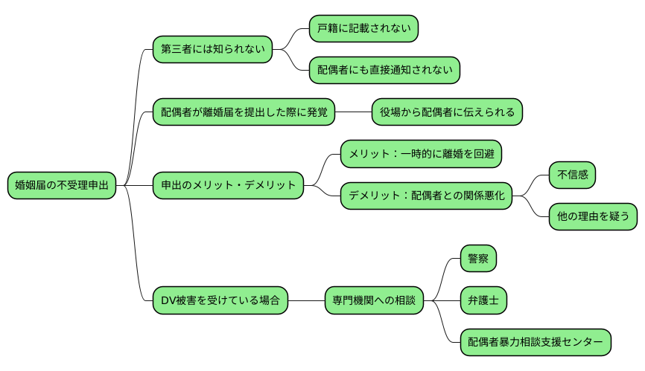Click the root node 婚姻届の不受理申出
point(62,185)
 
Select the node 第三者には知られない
point(212,50)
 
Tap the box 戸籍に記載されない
point(363,29)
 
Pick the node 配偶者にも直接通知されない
point(384,71)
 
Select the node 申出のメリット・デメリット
point(228,185)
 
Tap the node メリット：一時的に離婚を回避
point(420,154)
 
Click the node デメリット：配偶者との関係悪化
point(426,196)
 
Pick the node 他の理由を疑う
point(593,217)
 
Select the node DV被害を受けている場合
point(220,300)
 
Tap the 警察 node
point(477,259)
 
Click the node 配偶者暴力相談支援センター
point(535,342)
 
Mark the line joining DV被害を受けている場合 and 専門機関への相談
point(306,300)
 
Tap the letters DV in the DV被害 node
point(168,300)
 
